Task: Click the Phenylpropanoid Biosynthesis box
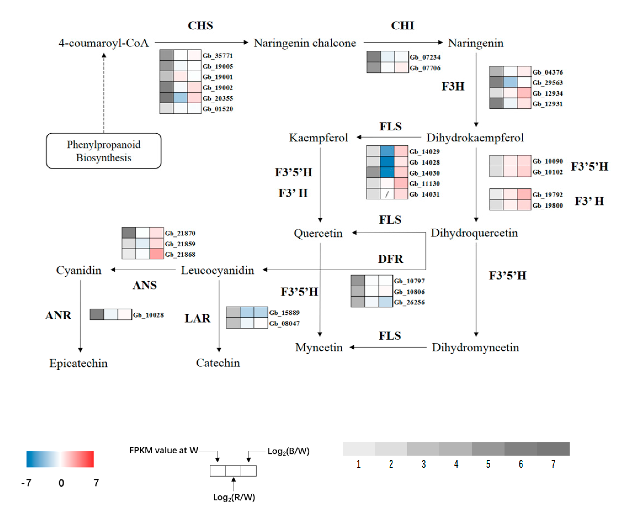104,151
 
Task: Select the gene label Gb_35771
218,56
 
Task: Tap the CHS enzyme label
200,26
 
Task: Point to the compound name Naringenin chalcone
305,43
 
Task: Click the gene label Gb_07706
425,68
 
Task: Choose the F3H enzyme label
453,87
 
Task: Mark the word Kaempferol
319,138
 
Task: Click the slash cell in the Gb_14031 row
387,194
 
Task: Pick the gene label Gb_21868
180,254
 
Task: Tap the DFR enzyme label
390,259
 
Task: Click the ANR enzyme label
58,315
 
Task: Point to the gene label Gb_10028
148,315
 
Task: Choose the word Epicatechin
78,363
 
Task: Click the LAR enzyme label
197,318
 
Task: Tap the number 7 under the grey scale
553,464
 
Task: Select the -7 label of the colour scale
26,483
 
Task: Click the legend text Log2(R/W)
234,497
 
